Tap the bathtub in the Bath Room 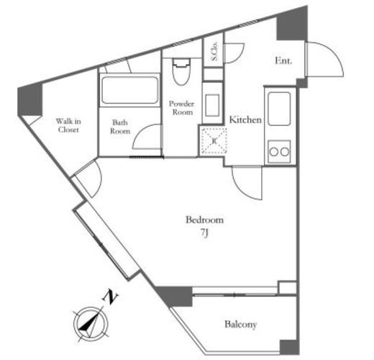(129, 90)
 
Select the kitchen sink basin (279, 109)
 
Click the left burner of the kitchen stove (274, 152)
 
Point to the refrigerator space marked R (214, 141)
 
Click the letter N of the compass (110, 297)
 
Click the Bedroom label (204, 220)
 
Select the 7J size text (204, 233)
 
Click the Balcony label (240, 325)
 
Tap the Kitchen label (245, 120)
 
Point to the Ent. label (283, 60)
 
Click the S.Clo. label (214, 51)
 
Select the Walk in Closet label (68, 125)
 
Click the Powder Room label (181, 108)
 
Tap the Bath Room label (120, 127)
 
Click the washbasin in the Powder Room (212, 106)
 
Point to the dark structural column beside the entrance (292, 24)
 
